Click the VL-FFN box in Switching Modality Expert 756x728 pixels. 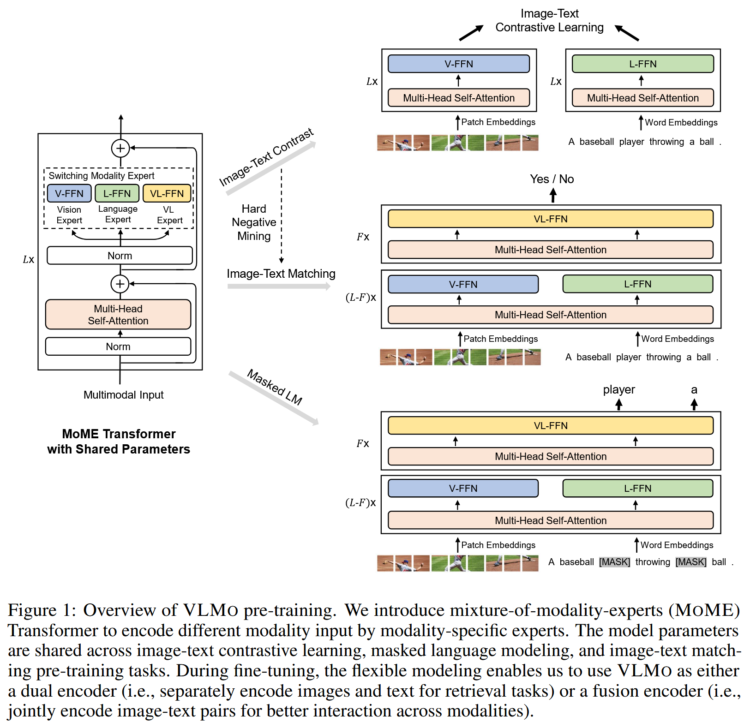pos(167,193)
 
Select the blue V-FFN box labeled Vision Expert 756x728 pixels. pos(69,193)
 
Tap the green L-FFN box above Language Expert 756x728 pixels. pos(117,193)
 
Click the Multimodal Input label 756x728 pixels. pos(123,395)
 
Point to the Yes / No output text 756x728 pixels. pos(552,179)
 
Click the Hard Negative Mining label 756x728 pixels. pos(254,222)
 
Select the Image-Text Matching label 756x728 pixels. pos(281,274)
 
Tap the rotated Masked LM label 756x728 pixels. pos(275,387)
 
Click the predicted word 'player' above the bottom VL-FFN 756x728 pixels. pos(619,390)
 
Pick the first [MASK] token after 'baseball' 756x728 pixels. pos(614,562)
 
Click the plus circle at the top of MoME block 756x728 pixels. pos(120,148)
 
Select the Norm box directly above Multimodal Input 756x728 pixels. pos(118,346)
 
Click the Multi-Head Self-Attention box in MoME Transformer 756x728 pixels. pos(118,315)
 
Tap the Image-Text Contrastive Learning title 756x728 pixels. pos(549,21)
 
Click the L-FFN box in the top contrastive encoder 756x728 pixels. pos(642,64)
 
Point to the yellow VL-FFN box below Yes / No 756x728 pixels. pos(550,219)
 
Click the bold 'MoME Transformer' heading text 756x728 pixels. pos(119,434)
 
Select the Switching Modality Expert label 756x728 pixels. pos(102,176)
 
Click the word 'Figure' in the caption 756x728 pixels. pos(32,610)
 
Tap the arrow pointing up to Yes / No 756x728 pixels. pos(553,196)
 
